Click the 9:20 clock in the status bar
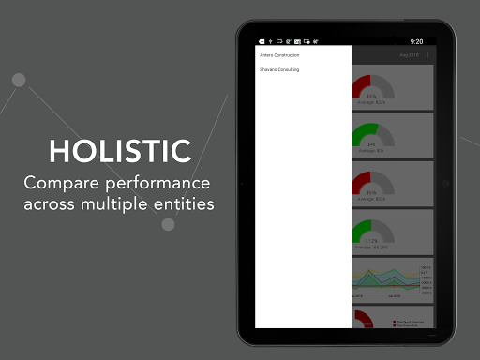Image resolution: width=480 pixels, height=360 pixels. pyautogui.click(x=417, y=42)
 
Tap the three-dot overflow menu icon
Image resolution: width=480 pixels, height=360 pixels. pyautogui.click(x=427, y=56)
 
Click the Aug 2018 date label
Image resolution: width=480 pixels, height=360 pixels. pyautogui.click(x=409, y=56)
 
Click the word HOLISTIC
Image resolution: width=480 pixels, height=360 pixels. pyautogui.click(x=120, y=151)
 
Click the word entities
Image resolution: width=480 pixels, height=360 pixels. pyautogui.click(x=184, y=203)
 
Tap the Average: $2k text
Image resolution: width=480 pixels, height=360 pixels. pyautogui.click(x=371, y=149)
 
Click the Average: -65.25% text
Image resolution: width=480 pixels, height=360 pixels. pyautogui.click(x=371, y=247)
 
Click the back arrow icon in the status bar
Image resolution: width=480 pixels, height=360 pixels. pyautogui.click(x=262, y=42)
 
